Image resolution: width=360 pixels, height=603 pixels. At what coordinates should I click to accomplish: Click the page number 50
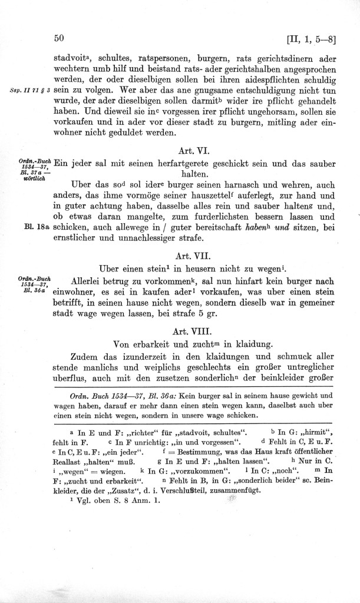click(x=58, y=39)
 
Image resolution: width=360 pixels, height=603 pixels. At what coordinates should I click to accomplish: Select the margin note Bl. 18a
click(x=39, y=227)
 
